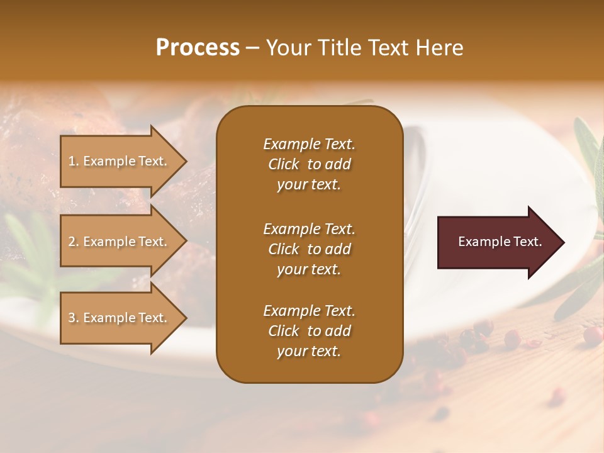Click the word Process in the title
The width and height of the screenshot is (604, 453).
[198, 47]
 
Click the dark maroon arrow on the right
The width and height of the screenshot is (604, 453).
[497, 242]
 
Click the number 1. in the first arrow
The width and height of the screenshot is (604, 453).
[74, 161]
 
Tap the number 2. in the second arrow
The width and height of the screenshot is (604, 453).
[74, 242]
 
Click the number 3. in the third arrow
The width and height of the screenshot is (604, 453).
[74, 318]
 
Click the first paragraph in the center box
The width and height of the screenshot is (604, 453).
[309, 164]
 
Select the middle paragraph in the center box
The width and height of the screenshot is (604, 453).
[309, 249]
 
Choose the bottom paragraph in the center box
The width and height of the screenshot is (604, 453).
[309, 331]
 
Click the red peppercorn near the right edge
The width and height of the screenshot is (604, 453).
[591, 335]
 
